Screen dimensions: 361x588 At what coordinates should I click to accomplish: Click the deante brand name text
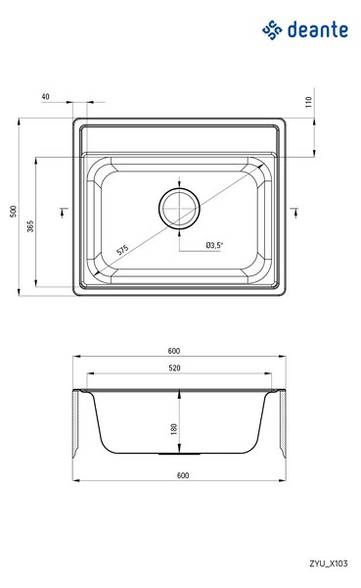[x=318, y=29]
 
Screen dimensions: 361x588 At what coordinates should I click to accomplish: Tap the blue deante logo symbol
[x=272, y=30]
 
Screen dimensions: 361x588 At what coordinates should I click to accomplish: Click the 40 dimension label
[x=45, y=96]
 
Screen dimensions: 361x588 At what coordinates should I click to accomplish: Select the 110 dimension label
[x=308, y=102]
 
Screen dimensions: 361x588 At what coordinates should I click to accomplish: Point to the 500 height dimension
[x=14, y=211]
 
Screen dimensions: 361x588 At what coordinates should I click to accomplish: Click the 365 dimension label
[x=30, y=226]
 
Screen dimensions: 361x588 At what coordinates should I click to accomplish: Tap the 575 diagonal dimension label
[x=122, y=250]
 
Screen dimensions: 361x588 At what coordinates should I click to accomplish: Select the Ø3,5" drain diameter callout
[x=214, y=245]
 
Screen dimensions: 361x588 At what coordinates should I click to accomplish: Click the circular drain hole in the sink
[x=179, y=208]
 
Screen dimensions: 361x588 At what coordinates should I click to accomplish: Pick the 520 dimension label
[x=174, y=367]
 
